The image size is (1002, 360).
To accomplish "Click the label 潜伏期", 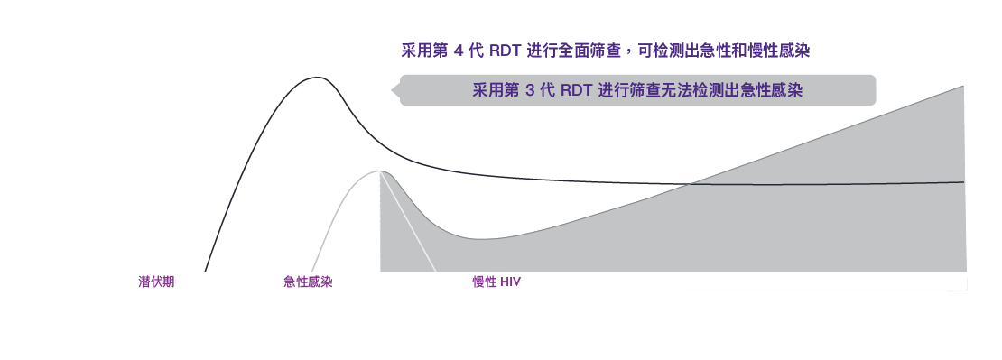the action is pyautogui.click(x=156, y=282).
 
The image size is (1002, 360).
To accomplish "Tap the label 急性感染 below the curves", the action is pyautogui.click(x=308, y=282).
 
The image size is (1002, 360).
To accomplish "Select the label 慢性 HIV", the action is pyautogui.click(x=496, y=282).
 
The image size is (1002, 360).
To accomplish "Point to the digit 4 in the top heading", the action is pyautogui.click(x=458, y=51).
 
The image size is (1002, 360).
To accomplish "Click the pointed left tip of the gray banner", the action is pyautogui.click(x=391, y=90).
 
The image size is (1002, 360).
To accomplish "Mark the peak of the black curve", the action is pyautogui.click(x=314, y=78).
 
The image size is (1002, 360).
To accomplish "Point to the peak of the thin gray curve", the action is pyautogui.click(x=380, y=171).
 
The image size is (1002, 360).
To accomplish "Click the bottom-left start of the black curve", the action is pyautogui.click(x=206, y=270).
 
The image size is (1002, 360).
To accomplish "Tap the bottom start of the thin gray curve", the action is pyautogui.click(x=311, y=270).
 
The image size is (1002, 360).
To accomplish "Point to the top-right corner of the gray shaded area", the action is pyautogui.click(x=963, y=87).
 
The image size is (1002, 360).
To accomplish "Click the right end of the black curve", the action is pyautogui.click(x=963, y=181).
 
